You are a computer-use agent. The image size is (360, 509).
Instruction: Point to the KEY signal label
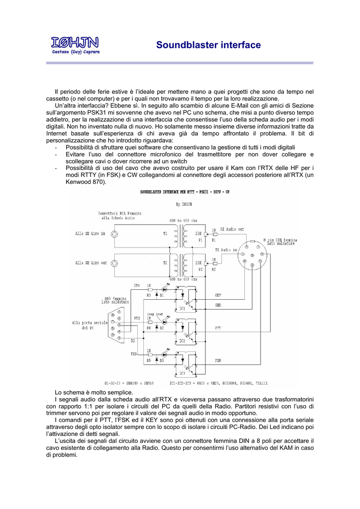(218, 295)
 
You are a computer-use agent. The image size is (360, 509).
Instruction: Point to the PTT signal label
(218, 329)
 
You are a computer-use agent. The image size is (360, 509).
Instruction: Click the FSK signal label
(218, 360)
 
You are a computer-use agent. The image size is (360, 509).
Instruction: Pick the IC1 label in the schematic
(182, 309)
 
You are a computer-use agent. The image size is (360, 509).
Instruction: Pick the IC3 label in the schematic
(182, 373)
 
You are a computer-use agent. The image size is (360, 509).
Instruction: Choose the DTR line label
(137, 286)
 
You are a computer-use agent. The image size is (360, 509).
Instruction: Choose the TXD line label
(134, 354)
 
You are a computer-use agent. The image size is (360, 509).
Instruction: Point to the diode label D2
(162, 328)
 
